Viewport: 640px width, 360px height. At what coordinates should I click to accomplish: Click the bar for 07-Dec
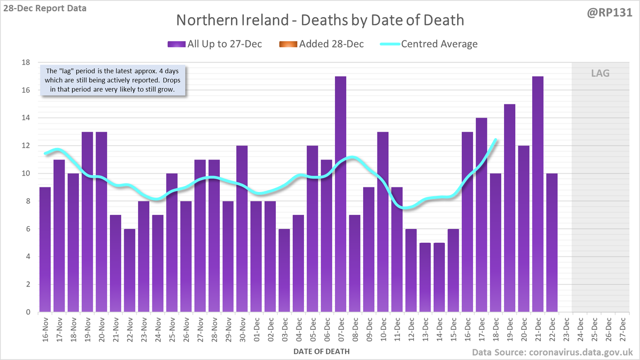point(340,194)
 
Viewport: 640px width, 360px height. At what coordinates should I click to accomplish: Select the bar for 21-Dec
point(538,194)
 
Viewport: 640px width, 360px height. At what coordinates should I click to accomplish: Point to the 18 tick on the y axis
point(25,62)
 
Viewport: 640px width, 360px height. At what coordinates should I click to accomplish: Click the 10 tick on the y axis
point(25,173)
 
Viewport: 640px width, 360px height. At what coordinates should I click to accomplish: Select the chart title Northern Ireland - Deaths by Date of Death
point(320,20)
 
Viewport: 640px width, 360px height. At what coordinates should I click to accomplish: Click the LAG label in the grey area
point(600,73)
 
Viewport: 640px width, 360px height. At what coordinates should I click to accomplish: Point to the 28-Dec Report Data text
point(45,8)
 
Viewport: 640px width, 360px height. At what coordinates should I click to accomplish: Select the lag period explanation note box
point(113,81)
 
